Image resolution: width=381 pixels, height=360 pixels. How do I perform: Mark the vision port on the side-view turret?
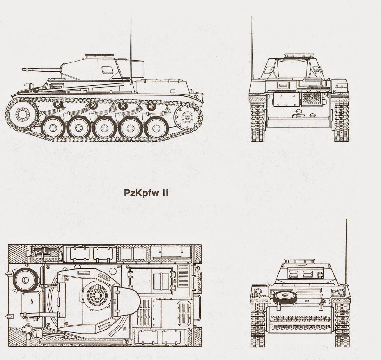pyautogui.click(x=105, y=68)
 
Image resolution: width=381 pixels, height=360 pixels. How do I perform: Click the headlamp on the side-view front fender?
pyautogui.click(x=30, y=85)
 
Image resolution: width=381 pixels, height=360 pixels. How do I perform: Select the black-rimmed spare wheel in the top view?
pyautogui.click(x=25, y=281)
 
